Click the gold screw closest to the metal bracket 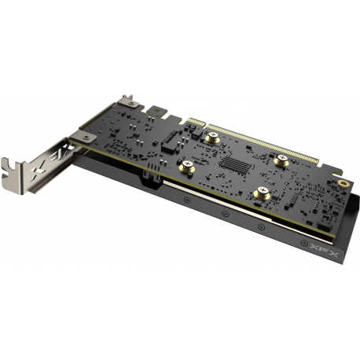click(188, 167)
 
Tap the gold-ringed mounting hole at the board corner click(343, 182)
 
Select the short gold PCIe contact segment click(196, 123)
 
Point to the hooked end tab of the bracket click(14, 167)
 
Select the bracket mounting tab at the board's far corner click(127, 102)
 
